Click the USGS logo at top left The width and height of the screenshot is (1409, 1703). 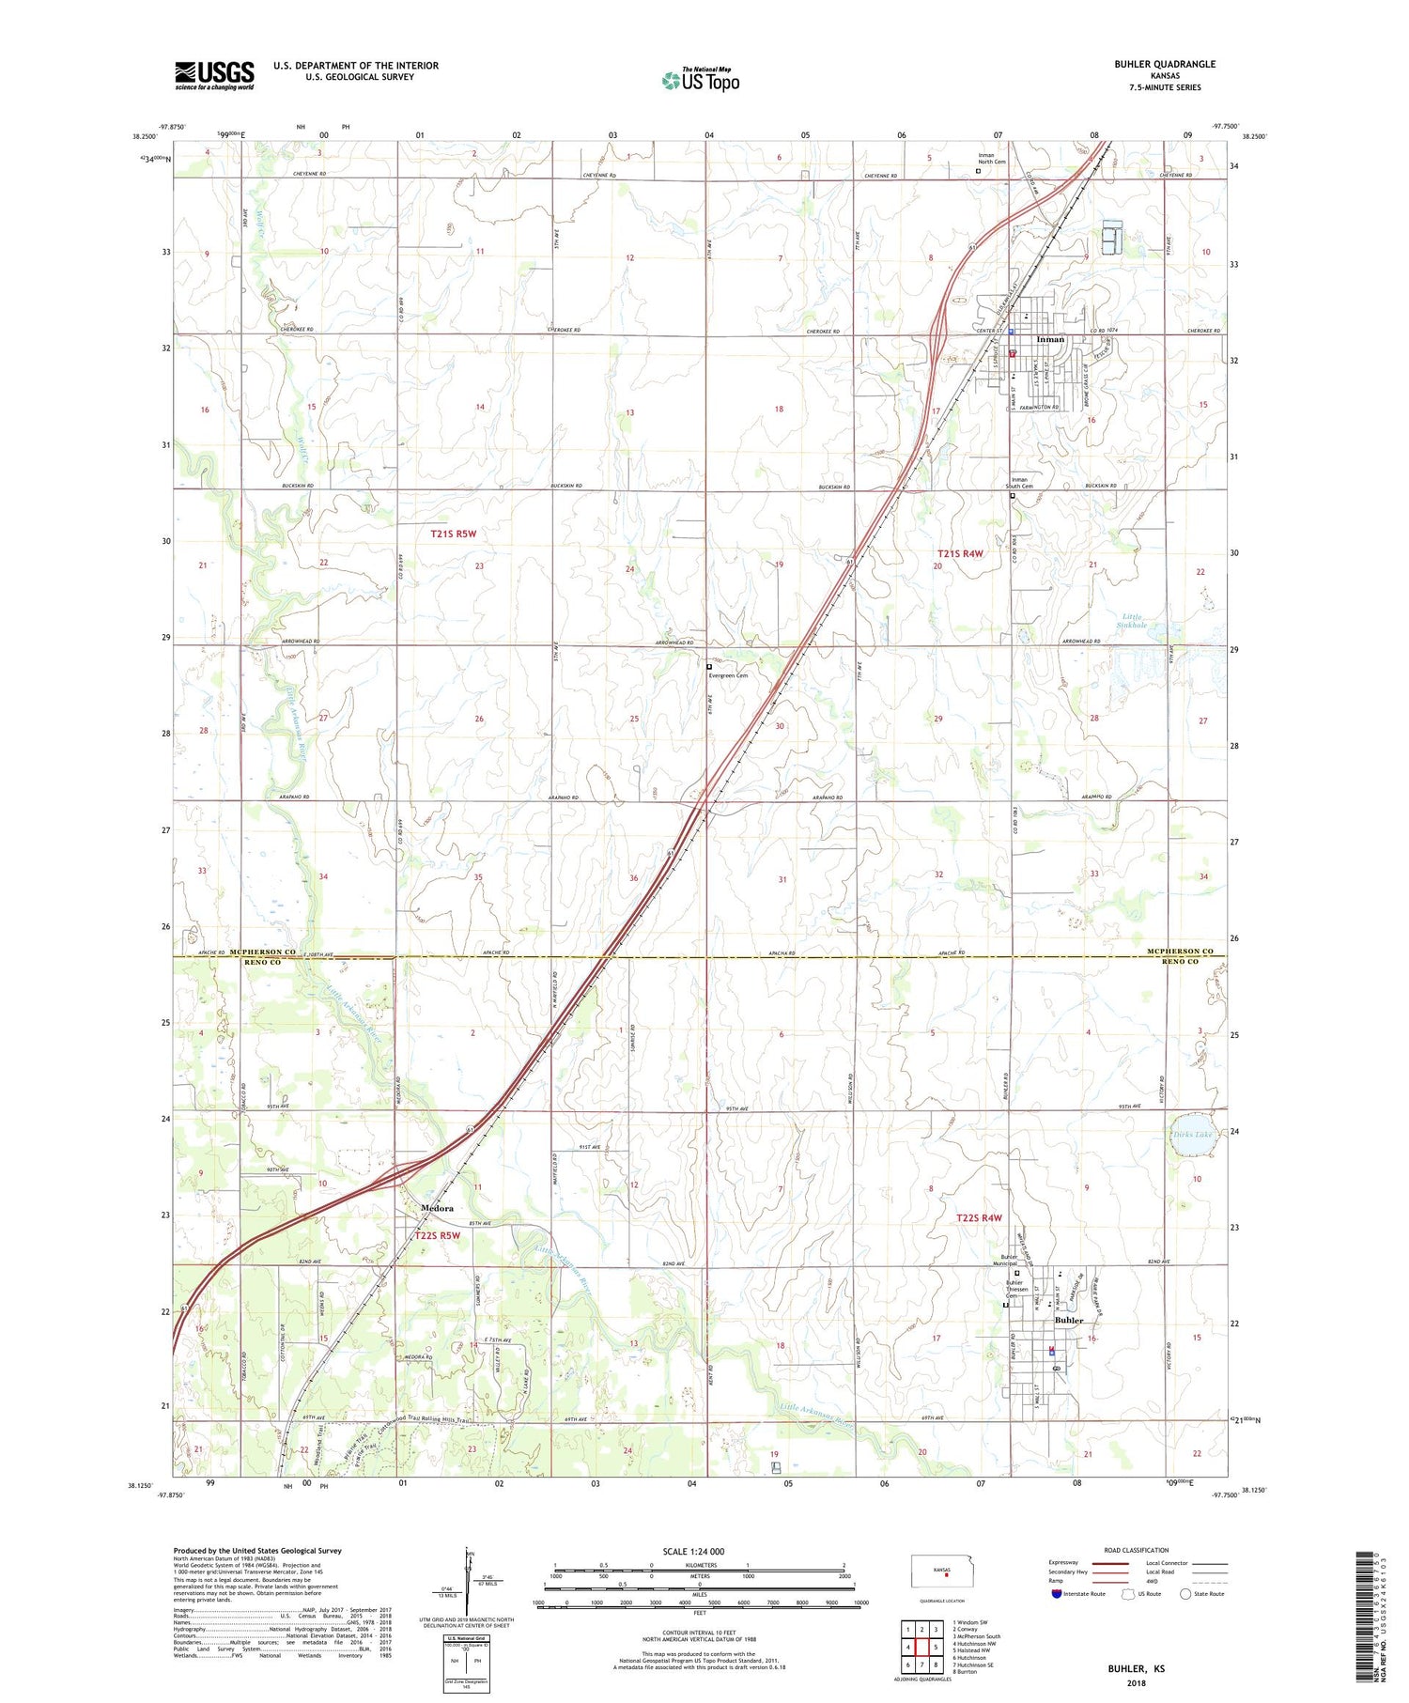pyautogui.click(x=214, y=75)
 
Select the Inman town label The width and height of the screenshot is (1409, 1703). pyautogui.click(x=1050, y=339)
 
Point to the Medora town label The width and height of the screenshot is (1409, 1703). pyautogui.click(x=437, y=1208)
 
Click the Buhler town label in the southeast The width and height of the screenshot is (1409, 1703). pyautogui.click(x=1069, y=1320)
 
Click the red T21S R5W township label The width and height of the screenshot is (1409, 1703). pyautogui.click(x=454, y=534)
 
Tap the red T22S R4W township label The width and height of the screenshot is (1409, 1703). pyautogui.click(x=979, y=1218)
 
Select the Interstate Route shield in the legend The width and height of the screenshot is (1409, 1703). pyautogui.click(x=1056, y=1594)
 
